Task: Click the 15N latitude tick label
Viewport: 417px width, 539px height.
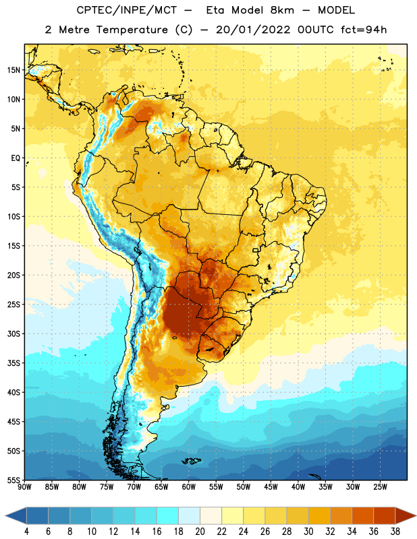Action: tap(13, 70)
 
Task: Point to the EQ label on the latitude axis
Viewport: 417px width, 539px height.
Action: tap(16, 158)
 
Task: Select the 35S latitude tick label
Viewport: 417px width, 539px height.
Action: tap(13, 363)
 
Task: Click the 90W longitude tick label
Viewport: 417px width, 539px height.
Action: tap(24, 487)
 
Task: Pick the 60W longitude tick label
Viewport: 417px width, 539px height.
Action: tap(189, 487)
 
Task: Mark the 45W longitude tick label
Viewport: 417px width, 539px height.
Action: tap(271, 487)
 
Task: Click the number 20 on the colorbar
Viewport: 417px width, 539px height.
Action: tap(200, 532)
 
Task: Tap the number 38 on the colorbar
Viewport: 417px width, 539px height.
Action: tap(395, 532)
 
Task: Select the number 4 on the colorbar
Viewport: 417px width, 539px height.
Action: tap(26, 532)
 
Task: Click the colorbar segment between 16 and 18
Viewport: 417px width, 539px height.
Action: tap(168, 516)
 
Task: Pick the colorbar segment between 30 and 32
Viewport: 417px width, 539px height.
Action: tap(320, 516)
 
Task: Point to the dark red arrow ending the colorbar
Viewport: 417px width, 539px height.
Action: tap(405, 516)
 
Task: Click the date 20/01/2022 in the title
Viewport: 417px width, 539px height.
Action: tap(253, 30)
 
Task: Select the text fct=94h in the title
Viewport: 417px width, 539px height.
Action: tap(364, 30)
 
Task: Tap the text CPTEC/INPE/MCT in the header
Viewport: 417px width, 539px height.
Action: tap(127, 10)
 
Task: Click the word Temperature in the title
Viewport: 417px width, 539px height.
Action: tap(132, 30)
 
